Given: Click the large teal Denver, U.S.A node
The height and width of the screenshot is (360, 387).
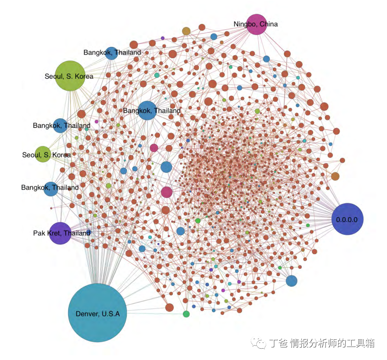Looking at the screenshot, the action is coord(97,313).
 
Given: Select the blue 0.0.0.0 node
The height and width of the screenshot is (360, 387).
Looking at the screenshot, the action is coord(347,219).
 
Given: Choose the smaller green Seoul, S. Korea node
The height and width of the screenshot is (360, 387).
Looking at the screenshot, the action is coord(43,154).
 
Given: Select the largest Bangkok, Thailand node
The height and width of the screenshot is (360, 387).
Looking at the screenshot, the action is coord(148,111).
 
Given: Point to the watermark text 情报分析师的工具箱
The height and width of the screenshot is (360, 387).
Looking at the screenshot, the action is coord(332,343).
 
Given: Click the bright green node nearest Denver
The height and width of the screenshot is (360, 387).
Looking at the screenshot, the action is coord(186,314).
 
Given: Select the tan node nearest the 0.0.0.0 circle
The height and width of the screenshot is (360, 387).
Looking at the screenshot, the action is coord(335,176).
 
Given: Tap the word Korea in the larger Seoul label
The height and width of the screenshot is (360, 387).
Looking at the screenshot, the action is coord(83,76).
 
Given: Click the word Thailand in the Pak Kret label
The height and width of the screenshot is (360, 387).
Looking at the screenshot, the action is coord(77,233).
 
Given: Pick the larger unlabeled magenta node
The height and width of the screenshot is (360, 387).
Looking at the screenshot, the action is coord(167,192).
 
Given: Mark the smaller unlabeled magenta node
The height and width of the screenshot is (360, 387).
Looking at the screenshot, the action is coord(154,148).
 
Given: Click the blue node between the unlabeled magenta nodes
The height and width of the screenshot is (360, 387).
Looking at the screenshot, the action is coord(166,167).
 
